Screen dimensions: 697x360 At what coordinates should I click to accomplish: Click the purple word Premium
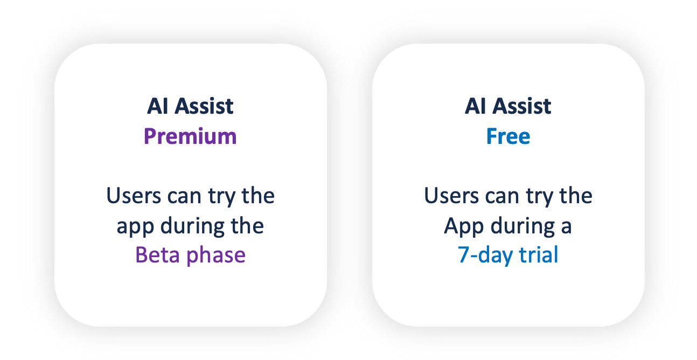[190, 137]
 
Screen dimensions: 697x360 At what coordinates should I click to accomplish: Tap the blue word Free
[508, 136]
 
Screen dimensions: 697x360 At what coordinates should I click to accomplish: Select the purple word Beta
[157, 255]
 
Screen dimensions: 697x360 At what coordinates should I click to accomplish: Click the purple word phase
[216, 255]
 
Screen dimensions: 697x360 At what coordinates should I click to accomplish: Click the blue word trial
[539, 254]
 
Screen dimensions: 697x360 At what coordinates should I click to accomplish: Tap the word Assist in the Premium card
[204, 106]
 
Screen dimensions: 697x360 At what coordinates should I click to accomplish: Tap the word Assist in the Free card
[522, 106]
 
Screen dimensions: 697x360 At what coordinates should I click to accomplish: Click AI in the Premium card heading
[158, 106]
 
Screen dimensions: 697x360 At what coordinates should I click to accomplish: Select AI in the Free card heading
[476, 106]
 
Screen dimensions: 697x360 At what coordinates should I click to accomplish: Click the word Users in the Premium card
[134, 196]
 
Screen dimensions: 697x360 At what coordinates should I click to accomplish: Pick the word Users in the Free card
[452, 196]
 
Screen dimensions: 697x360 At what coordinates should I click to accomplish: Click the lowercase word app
[135, 227]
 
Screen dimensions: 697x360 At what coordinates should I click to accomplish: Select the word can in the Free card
[499, 197]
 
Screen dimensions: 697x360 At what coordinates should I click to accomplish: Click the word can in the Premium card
[181, 197]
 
